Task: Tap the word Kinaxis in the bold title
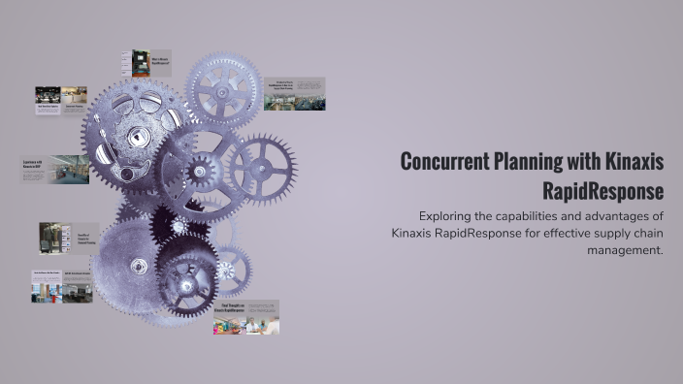[628, 161]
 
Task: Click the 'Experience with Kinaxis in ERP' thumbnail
[54, 170]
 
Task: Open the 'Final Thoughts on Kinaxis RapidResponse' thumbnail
[246, 317]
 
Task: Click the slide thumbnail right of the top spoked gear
[294, 93]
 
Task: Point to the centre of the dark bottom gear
[187, 274]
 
